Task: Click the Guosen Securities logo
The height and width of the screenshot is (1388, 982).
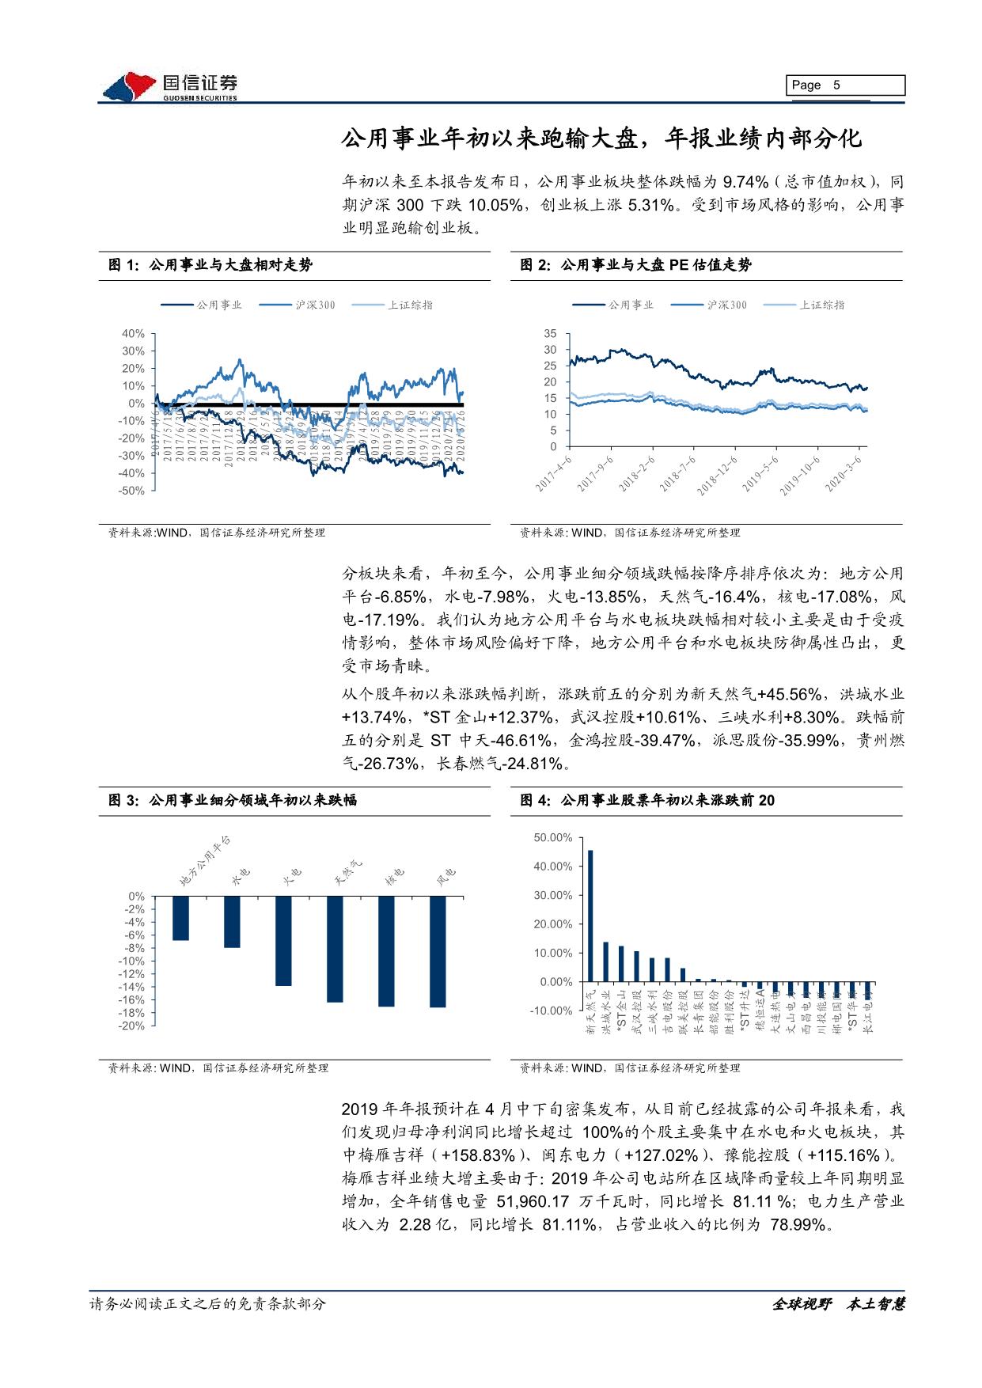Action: (170, 87)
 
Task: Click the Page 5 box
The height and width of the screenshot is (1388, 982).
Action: (845, 85)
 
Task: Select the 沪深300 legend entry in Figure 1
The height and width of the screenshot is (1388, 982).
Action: (314, 305)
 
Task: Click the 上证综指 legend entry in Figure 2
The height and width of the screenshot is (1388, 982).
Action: (821, 305)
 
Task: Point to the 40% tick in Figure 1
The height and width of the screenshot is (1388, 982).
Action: (133, 334)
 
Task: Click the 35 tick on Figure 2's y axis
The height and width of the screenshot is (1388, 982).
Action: (551, 334)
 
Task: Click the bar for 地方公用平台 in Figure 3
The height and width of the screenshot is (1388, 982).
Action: (180, 918)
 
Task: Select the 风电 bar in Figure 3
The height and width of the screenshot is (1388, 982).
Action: (438, 951)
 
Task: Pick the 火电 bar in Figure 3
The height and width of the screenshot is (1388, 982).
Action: (283, 941)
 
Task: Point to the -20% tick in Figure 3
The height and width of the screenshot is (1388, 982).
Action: (133, 1026)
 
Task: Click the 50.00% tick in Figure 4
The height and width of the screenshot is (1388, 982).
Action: (553, 837)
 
